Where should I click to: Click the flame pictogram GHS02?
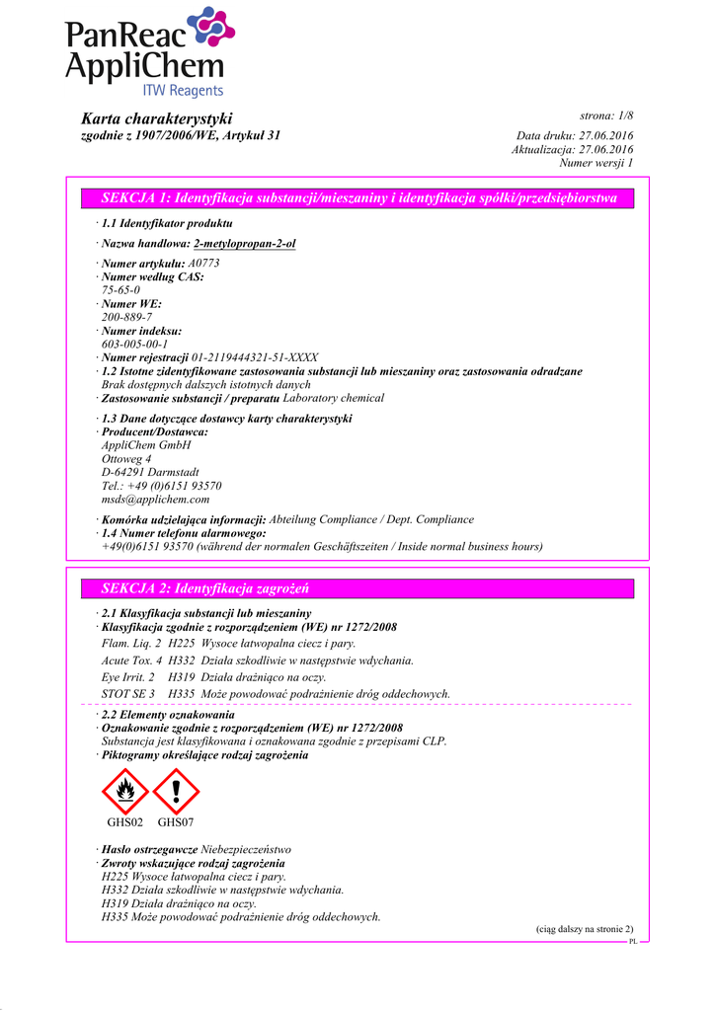(x=125, y=791)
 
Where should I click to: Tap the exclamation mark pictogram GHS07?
(x=176, y=791)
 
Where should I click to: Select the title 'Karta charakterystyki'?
(x=156, y=118)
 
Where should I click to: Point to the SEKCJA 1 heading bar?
(x=358, y=198)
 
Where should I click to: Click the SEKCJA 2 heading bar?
(x=358, y=588)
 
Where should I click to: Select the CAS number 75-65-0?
(x=120, y=290)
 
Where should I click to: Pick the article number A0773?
(x=203, y=264)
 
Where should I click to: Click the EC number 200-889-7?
(x=126, y=317)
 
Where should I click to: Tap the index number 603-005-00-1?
(x=134, y=344)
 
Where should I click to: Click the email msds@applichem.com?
(x=155, y=500)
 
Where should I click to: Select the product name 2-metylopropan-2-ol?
(x=245, y=243)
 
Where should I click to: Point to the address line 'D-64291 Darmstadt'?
(x=150, y=473)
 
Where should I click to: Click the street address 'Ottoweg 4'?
(x=126, y=459)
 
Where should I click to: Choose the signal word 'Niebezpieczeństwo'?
(x=246, y=849)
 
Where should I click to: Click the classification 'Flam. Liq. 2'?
(x=131, y=643)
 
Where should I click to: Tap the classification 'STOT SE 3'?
(x=128, y=694)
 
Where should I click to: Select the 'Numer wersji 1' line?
(x=596, y=162)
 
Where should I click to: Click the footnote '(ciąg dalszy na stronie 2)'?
(x=577, y=929)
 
